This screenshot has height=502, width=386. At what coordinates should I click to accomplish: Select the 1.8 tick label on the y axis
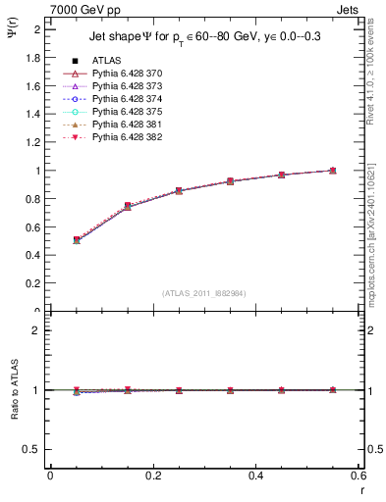(x=33, y=58)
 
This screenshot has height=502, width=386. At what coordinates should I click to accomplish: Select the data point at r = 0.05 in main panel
(x=77, y=239)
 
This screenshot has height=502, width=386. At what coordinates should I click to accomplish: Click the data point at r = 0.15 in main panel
(x=128, y=206)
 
